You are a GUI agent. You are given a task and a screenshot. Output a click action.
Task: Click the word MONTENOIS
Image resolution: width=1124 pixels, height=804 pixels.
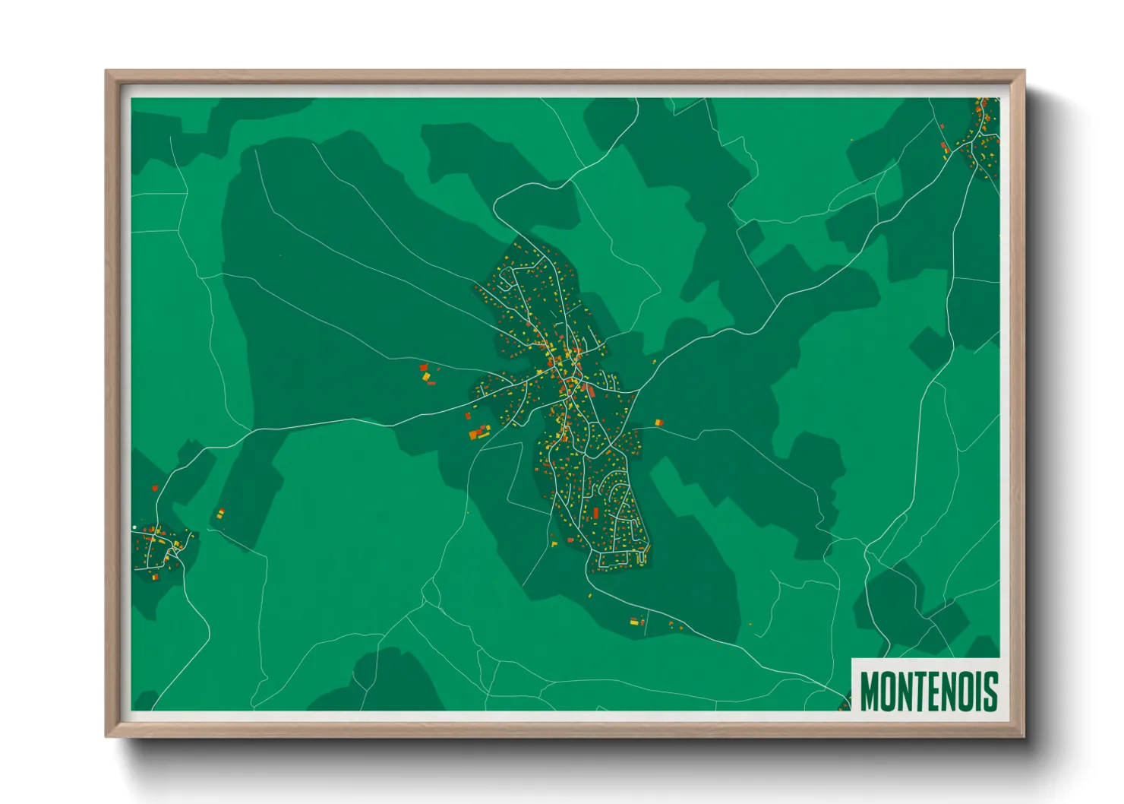928,691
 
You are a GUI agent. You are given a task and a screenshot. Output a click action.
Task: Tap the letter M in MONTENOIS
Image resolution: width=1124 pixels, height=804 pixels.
871,691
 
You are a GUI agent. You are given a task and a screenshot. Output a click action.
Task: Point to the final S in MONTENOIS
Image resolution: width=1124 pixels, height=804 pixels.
990,691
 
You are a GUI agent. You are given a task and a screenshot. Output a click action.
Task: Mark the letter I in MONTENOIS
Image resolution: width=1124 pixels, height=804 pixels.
978,691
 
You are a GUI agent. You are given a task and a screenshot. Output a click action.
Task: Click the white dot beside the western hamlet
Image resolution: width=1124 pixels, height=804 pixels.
134,527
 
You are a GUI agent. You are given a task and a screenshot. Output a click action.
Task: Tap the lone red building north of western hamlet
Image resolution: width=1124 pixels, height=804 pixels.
155,489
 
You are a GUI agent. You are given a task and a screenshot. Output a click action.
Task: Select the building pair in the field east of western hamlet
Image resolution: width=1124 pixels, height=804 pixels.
221,514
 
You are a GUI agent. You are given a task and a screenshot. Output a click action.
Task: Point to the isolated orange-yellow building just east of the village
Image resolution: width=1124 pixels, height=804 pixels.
658,423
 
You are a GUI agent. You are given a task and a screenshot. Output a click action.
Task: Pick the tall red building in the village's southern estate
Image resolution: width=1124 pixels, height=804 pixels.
595,514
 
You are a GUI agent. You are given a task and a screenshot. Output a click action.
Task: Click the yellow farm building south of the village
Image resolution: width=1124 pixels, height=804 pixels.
633,622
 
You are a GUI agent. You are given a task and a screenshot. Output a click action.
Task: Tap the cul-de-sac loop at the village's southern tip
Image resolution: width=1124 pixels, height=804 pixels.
643,558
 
